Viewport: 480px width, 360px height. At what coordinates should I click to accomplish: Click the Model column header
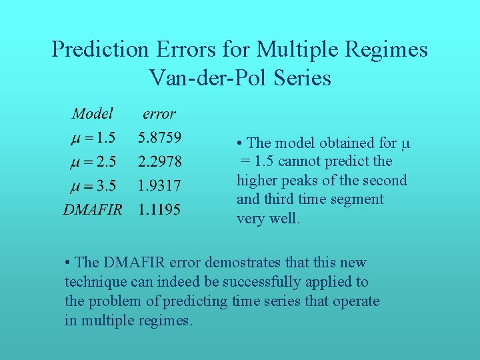92,114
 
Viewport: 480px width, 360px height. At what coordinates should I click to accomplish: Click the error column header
159,114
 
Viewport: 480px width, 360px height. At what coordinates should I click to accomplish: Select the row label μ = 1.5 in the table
93,138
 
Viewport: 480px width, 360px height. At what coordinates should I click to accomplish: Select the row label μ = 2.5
93,161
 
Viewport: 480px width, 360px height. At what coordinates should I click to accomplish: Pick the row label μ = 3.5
93,185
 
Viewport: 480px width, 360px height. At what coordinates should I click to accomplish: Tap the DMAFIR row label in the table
93,209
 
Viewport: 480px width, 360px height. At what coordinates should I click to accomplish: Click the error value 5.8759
159,138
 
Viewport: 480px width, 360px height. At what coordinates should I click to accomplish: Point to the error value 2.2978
159,161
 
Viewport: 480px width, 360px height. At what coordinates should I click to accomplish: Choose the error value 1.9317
159,185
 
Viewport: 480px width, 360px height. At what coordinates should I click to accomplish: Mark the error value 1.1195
159,209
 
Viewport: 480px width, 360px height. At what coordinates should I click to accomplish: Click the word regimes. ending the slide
163,321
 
